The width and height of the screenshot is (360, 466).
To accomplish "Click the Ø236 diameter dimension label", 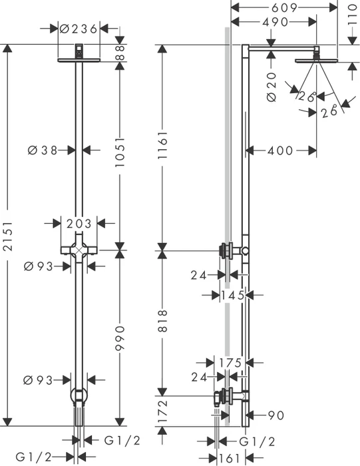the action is pyautogui.click(x=78, y=29).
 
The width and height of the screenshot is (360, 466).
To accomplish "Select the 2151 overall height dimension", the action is pyautogui.click(x=8, y=236).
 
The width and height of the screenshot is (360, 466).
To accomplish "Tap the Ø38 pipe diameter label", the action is pyautogui.click(x=43, y=150).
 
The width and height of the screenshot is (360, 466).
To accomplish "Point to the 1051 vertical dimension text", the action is pyautogui.click(x=120, y=152).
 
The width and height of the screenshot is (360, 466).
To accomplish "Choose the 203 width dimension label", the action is pyautogui.click(x=79, y=224).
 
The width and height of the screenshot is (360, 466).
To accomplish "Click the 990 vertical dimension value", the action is pyautogui.click(x=120, y=338).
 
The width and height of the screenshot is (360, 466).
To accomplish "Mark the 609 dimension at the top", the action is pyautogui.click(x=284, y=8).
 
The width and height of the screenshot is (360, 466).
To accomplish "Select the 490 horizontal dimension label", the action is pyautogui.click(x=275, y=22).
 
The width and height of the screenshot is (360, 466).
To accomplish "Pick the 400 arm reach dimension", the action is pyautogui.click(x=280, y=150).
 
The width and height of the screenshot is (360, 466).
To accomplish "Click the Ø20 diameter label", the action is pyautogui.click(x=271, y=87).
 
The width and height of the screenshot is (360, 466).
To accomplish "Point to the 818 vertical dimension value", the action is pyautogui.click(x=163, y=321).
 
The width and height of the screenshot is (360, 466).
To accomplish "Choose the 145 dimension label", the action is pyautogui.click(x=232, y=296).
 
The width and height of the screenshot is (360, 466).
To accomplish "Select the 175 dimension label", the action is pyautogui.click(x=230, y=363).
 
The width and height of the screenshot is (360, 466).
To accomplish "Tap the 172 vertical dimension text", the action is pyautogui.click(x=163, y=411).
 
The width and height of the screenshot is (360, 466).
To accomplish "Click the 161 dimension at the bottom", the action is pyautogui.click(x=230, y=458).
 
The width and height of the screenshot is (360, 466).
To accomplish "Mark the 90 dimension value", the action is pyautogui.click(x=276, y=415).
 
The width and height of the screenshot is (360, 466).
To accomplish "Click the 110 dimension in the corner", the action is pyautogui.click(x=352, y=15).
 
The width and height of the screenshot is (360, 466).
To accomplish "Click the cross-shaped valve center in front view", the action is pyautogui.click(x=79, y=250).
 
